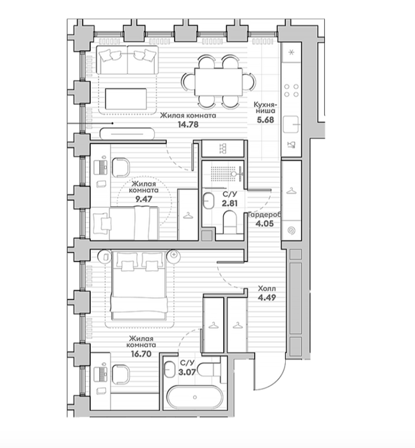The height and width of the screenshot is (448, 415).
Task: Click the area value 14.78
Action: pos(188,125)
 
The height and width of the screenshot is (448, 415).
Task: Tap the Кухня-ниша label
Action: pos(265,107)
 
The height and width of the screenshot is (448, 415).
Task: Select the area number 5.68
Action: pos(265,120)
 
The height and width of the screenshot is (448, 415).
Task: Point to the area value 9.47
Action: pos(144,199)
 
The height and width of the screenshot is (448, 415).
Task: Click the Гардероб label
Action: pos(265,214)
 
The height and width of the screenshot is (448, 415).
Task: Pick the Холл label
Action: pos(267,288)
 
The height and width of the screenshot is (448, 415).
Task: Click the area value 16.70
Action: pos(141,354)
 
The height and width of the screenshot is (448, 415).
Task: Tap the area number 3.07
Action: pos(187,372)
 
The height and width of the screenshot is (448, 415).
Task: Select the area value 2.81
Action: pos(230,203)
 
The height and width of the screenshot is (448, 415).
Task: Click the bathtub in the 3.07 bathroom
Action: pos(195,397)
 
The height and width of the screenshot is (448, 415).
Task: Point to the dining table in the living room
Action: pos(219,82)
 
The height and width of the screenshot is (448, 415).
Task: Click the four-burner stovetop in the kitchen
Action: pos(292,90)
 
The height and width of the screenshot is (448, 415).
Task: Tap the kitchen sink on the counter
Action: pos(291,124)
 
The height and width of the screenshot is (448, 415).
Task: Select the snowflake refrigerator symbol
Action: pos(291,52)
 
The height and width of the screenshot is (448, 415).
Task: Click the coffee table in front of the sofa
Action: pos(126,99)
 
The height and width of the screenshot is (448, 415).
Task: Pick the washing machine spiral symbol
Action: pos(291,230)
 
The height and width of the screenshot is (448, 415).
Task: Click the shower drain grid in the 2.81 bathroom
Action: pos(219,172)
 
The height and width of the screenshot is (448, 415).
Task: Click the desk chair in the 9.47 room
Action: pos(121,167)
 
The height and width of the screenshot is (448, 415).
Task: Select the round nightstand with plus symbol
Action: pos(175,256)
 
